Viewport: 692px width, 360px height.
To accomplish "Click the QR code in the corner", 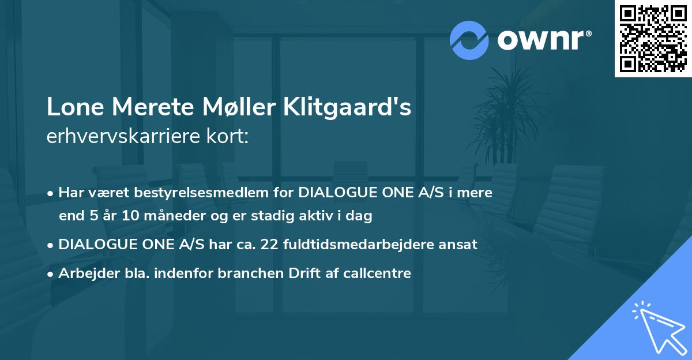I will pos(653,39).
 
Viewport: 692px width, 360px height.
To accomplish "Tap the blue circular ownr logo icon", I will pos(469,40).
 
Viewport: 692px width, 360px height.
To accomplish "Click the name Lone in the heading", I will pos(73,107).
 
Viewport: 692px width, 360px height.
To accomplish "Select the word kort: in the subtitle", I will pos(222,136).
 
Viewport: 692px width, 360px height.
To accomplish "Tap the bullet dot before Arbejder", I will pos(51,273).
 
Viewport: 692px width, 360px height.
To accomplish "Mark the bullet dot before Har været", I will pos(51,193).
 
